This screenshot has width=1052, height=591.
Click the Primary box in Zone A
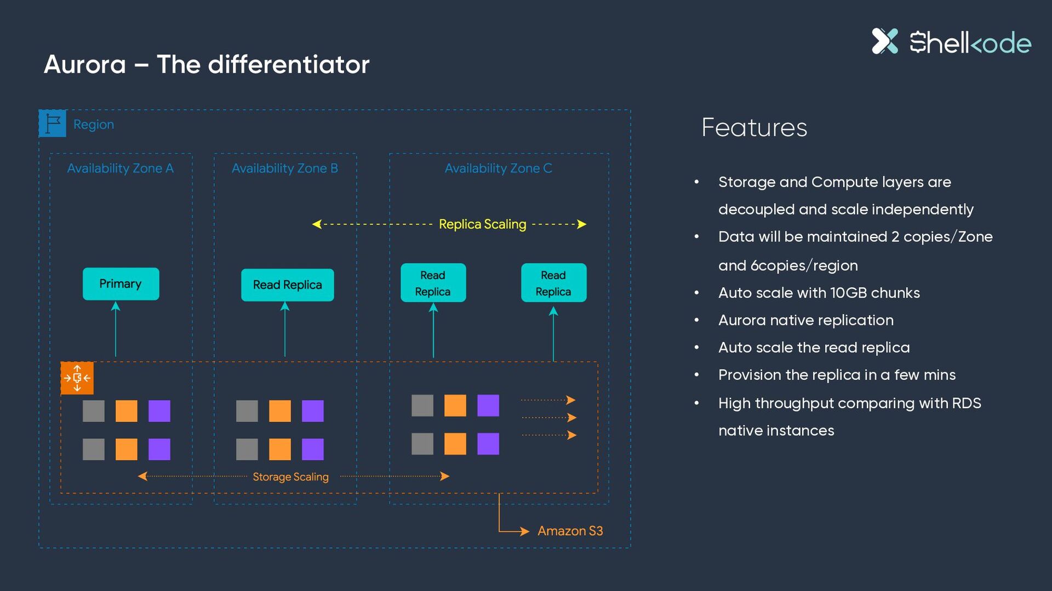tap(121, 283)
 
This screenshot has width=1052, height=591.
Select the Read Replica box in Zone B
tap(287, 285)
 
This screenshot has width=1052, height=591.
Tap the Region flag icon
tap(53, 124)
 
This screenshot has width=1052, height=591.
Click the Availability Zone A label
tap(120, 168)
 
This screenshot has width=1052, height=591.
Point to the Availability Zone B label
tap(284, 168)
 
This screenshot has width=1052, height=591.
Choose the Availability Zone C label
tap(498, 168)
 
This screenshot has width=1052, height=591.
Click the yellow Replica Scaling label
tap(482, 224)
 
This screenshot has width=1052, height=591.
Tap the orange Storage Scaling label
tap(290, 477)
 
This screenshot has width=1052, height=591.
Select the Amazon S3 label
tap(570, 531)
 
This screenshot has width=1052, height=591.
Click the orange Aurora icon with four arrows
tap(77, 378)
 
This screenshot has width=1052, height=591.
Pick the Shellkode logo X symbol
tap(885, 41)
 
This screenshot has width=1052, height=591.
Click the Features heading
tap(754, 128)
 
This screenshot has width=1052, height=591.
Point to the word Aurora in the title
tap(85, 65)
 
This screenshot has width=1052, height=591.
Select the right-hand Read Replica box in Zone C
tap(553, 283)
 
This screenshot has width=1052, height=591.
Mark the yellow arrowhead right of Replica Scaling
tap(582, 224)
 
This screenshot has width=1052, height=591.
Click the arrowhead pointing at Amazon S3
tap(524, 531)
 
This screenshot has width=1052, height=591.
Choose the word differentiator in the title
tap(289, 65)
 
